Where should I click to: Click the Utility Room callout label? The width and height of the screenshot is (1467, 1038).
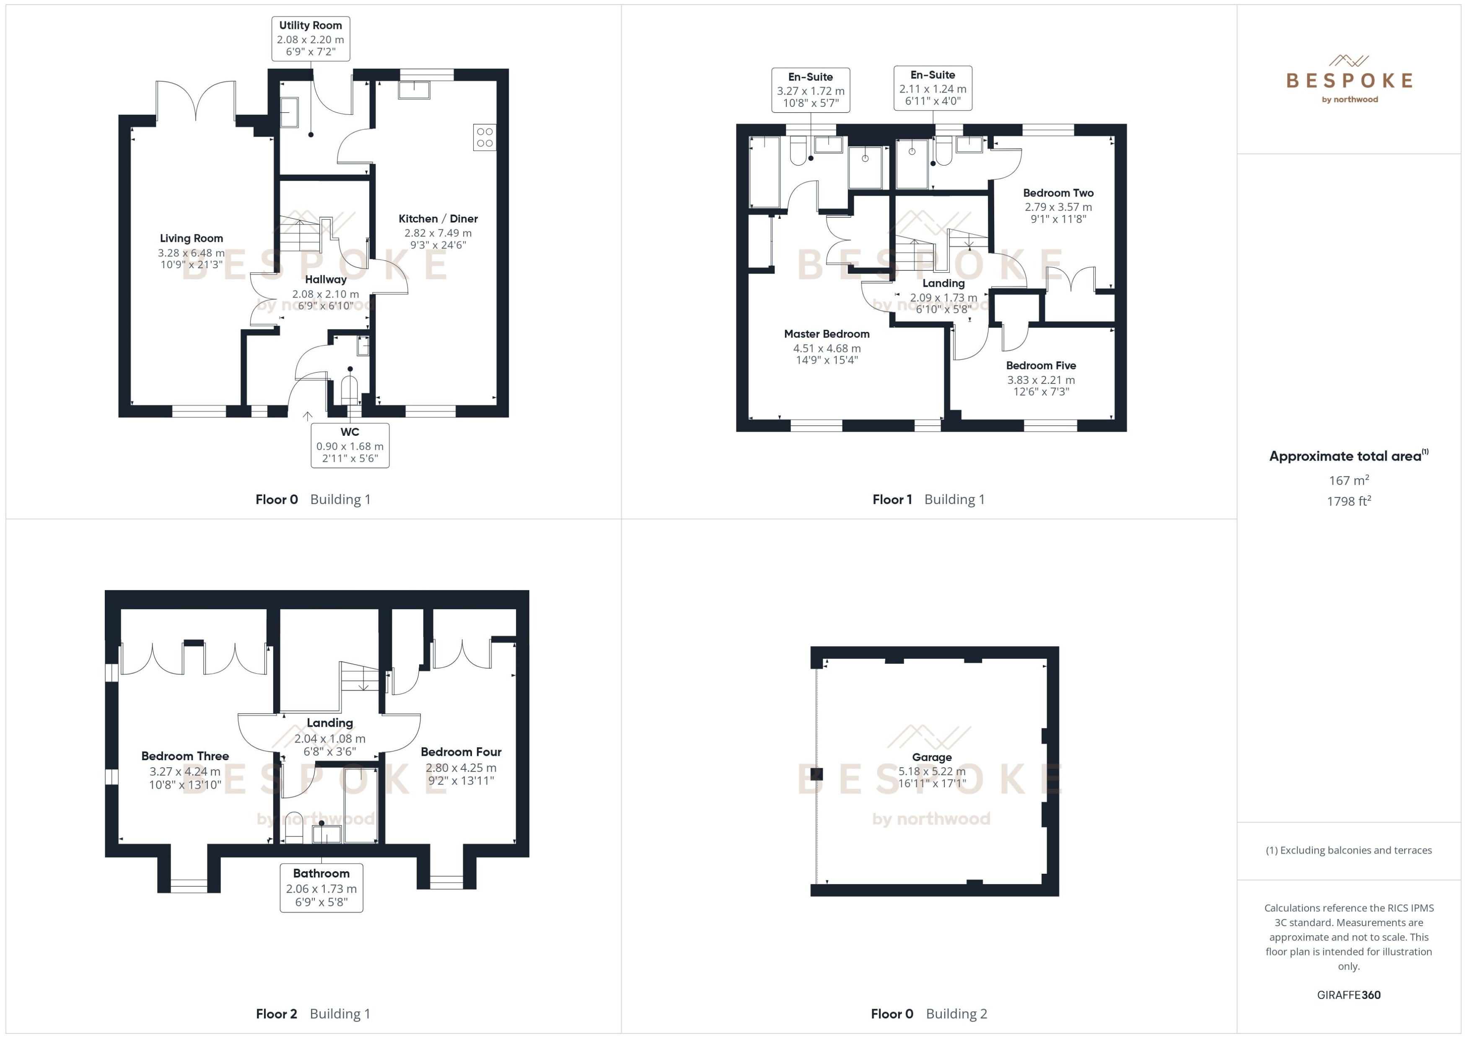[x=311, y=39]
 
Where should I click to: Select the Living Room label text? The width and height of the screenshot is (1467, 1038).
[x=191, y=238]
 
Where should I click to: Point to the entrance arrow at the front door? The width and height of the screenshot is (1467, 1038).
[x=308, y=416]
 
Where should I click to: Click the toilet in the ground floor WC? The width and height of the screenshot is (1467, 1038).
[x=349, y=389]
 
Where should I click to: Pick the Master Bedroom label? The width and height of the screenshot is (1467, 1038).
[x=827, y=334]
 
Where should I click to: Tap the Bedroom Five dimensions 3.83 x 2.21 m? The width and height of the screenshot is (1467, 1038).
[x=1041, y=380]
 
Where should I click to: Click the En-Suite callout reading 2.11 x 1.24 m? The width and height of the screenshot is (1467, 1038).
[x=933, y=88]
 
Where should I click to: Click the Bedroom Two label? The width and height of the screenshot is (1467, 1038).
[x=1058, y=193]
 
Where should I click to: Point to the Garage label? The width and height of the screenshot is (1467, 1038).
[x=931, y=757]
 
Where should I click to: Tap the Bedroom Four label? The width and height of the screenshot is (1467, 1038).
[x=461, y=752]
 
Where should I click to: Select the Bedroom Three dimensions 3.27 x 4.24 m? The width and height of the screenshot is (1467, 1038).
[x=185, y=771]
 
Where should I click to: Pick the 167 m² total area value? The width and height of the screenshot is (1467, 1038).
[x=1349, y=480]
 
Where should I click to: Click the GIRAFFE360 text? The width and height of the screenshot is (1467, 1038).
[x=1349, y=995]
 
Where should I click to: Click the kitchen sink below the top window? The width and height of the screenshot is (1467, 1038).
[x=414, y=90]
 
